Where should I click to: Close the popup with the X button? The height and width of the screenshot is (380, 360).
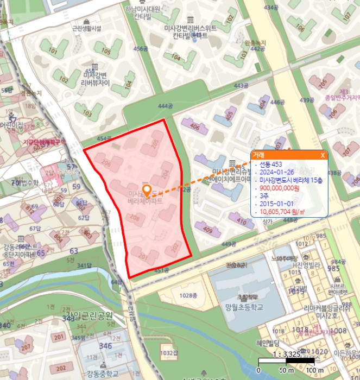[323, 155]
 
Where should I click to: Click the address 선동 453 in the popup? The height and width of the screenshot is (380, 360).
[271, 164]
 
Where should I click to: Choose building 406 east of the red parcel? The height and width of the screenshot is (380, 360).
[194, 127]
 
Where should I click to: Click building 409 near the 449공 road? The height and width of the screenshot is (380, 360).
[207, 230]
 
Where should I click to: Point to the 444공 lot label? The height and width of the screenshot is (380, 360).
[164, 106]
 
